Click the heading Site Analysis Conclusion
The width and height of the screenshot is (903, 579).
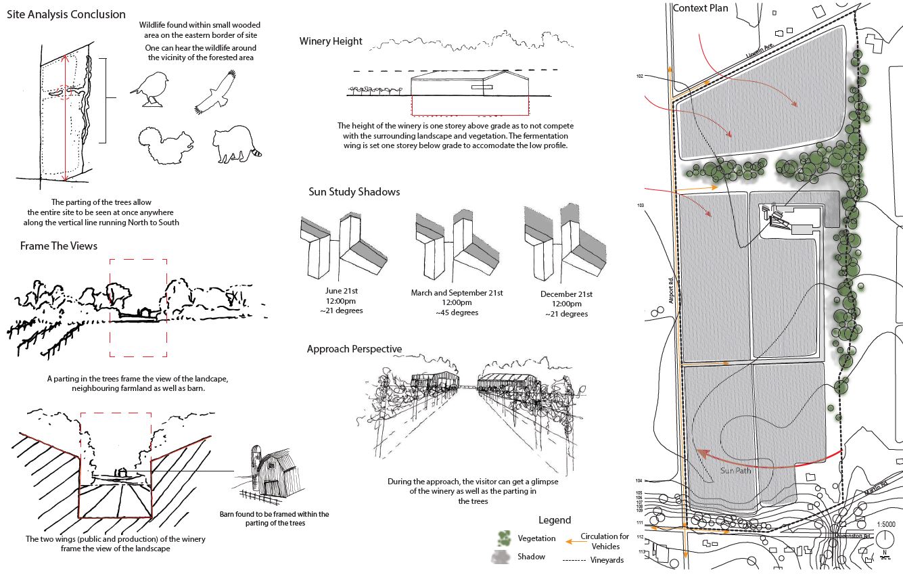66,14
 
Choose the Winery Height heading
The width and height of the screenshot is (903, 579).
331,41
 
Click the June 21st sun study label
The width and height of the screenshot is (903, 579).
340,290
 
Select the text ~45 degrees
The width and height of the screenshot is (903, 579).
457,312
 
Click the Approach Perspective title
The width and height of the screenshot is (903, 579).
354,349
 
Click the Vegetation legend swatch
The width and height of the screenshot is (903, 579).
503,538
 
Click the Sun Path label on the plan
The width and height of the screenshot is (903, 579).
735,471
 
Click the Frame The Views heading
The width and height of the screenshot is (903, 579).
59,246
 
